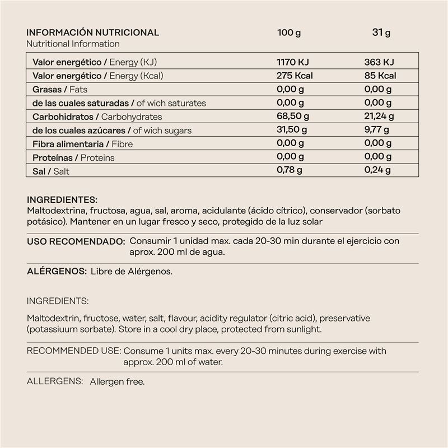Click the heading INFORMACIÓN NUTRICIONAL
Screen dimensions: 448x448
pos(93,32)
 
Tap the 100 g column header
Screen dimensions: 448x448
pos(289,32)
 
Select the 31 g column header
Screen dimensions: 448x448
pos(381,32)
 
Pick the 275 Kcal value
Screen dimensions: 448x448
pos(295,76)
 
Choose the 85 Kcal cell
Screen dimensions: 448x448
pos(380,76)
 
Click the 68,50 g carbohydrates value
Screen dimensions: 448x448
pos(292,116)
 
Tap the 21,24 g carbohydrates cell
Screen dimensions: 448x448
pos(379,116)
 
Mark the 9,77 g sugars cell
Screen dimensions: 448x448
pos(377,130)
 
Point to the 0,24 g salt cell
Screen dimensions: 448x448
pos(377,171)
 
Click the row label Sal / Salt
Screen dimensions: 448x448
pos(51,171)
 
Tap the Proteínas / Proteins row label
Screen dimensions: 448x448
pos(73,158)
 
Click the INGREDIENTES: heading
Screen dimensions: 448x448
pos(62,200)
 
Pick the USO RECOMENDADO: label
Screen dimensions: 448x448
pos(76,241)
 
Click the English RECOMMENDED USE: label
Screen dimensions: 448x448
pos(73,351)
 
